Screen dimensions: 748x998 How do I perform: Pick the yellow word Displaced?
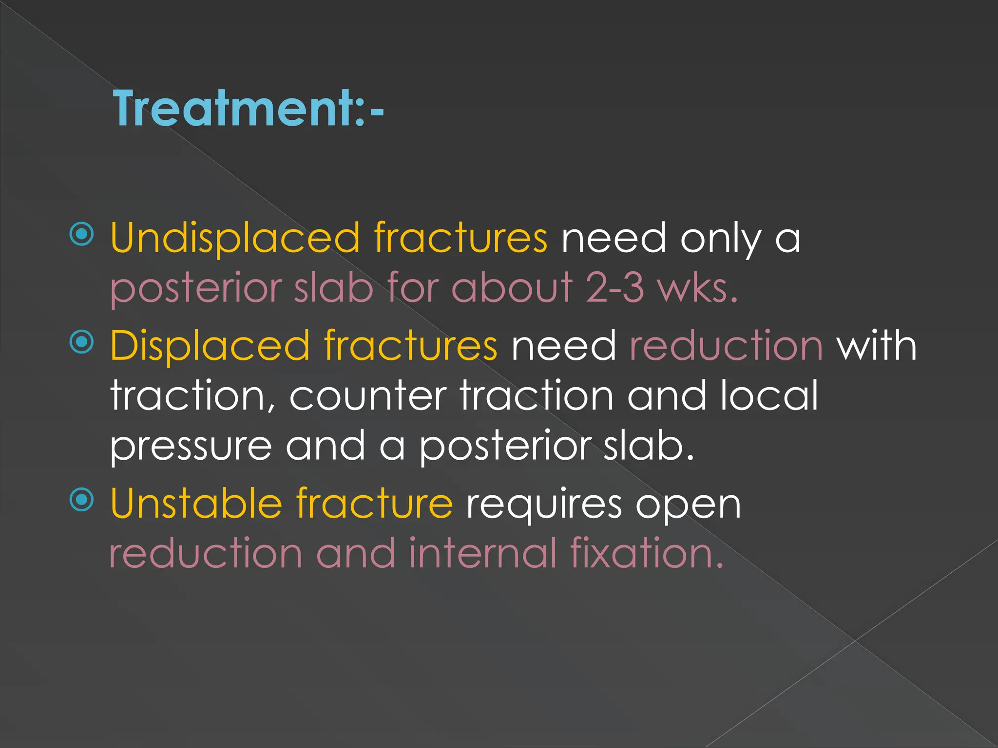tap(210, 346)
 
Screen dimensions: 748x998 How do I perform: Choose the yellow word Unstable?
tap(196, 504)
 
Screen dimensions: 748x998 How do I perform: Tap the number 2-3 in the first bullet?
tap(614, 288)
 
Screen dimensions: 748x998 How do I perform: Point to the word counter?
tap(368, 396)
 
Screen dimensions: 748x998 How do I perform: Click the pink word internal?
tap(482, 553)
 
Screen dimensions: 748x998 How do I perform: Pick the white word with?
tap(877, 345)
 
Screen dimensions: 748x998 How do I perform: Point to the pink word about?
tap(512, 288)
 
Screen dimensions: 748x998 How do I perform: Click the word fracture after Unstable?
tap(374, 504)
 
